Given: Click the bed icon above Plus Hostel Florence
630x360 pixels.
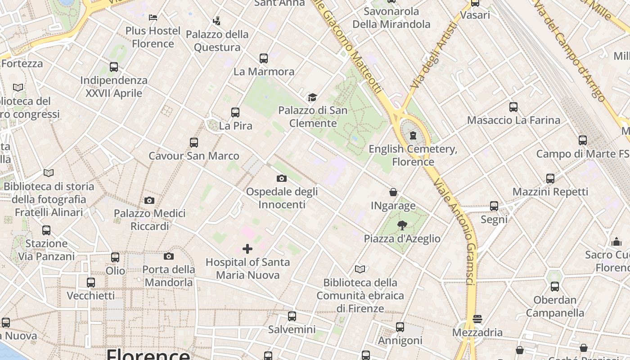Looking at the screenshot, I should coord(153,18).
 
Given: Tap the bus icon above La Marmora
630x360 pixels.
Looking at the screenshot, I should coord(264,58).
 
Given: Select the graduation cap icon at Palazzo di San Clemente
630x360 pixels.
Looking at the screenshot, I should coord(312,97).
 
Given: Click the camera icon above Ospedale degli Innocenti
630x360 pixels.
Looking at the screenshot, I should coord(282,178).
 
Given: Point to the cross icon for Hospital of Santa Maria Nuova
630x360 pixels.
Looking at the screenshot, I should coord(247,249).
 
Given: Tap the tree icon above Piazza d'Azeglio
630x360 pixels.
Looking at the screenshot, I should coord(402,225).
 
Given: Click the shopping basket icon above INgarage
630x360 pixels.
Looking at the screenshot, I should coord(393,193).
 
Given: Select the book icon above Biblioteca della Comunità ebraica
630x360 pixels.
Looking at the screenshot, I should coord(360,270).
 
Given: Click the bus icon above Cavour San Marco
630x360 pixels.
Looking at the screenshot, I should coord(194,143).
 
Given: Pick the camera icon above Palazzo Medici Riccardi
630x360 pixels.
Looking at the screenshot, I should coord(149,200).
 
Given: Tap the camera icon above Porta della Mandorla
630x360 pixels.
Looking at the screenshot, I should coord(169,256).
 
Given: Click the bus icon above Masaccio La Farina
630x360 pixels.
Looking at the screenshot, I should coord(513,107).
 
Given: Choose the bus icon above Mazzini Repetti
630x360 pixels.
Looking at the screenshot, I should coord(550,179).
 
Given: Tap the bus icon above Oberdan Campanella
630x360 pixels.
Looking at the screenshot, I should coord(555,287).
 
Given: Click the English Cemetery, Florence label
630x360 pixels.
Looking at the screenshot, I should coord(413,155).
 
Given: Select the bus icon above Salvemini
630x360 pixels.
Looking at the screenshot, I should coord(292,316).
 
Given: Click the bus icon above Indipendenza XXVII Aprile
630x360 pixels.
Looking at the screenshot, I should coord(114,67).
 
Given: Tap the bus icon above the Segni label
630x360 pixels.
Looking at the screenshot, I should coord(494,206).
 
